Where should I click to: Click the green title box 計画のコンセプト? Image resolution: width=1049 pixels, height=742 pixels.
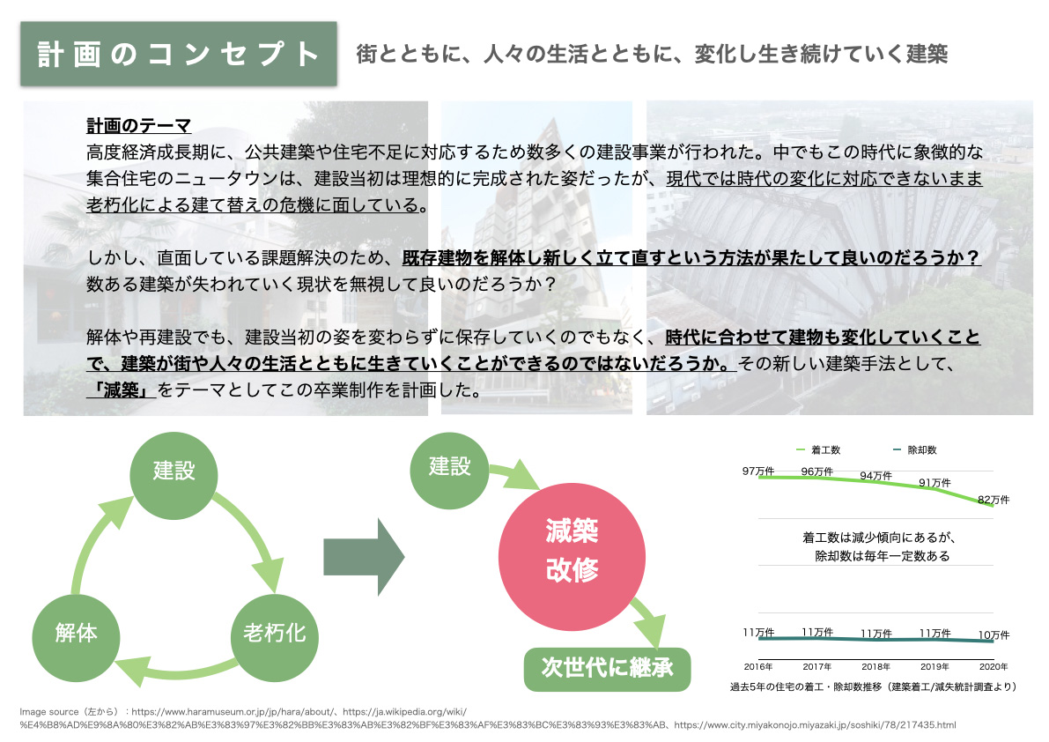(179, 54)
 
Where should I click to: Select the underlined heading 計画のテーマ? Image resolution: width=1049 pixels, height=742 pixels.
(138, 126)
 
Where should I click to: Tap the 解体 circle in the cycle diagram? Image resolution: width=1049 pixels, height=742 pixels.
(76, 633)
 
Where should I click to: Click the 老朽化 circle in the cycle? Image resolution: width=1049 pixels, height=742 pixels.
(274, 633)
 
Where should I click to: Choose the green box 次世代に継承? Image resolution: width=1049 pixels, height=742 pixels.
(607, 667)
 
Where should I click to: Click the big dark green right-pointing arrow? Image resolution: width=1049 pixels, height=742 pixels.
(364, 556)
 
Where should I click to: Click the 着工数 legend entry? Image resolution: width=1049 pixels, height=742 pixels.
(818, 449)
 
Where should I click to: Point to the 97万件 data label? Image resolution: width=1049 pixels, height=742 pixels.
(757, 471)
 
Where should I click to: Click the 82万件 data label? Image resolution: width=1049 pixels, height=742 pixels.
(994, 500)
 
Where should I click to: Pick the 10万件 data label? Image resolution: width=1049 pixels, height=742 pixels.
(994, 634)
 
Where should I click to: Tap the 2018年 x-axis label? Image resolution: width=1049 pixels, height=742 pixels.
(875, 666)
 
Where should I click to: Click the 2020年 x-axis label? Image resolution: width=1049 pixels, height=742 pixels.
(993, 666)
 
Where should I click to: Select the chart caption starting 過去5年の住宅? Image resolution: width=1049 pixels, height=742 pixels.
(873, 686)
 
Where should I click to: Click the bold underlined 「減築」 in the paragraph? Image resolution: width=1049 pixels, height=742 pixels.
(122, 390)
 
